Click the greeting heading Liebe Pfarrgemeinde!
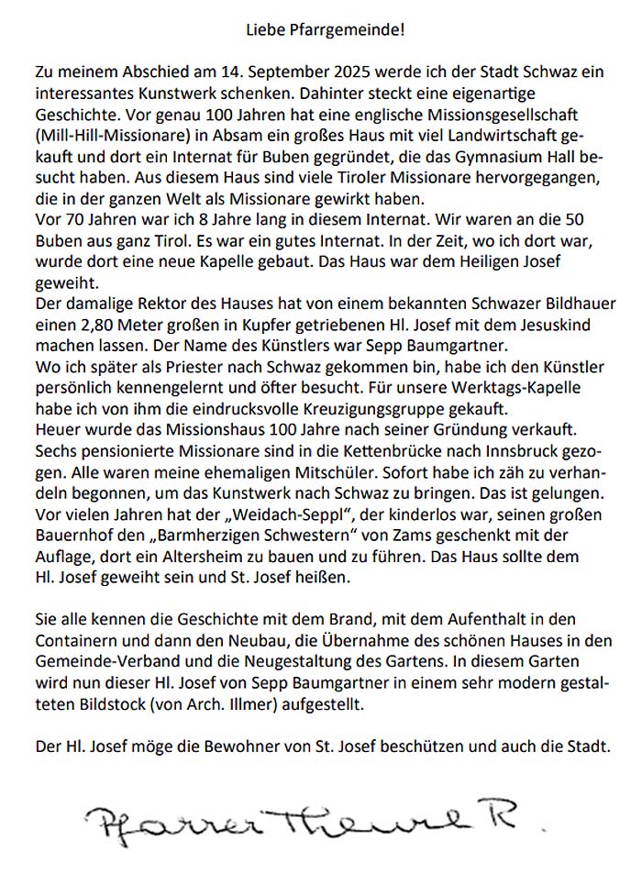point(325,30)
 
